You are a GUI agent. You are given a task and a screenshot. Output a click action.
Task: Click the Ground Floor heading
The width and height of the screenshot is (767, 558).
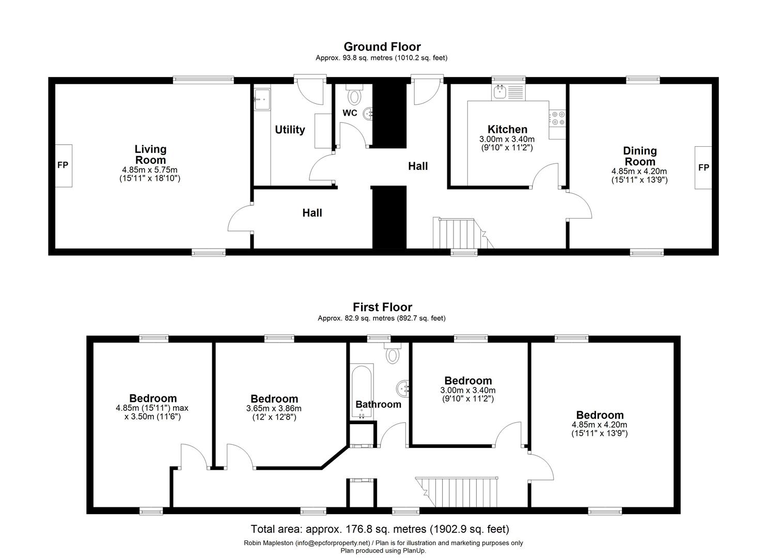pos(382,47)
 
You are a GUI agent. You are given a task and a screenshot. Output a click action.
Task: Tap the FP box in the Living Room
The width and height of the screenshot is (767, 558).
pos(62,166)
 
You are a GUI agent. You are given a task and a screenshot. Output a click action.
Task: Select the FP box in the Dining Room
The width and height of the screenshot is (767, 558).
pos(703,167)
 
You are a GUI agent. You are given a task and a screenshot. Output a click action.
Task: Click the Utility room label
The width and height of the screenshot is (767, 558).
pos(290,130)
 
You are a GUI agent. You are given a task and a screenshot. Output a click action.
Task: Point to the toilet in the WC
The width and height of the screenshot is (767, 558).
pos(354,96)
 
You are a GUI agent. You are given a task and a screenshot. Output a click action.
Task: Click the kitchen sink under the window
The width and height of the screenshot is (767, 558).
pos(500,92)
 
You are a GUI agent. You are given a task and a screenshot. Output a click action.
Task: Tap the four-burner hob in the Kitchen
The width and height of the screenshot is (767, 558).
pos(558,117)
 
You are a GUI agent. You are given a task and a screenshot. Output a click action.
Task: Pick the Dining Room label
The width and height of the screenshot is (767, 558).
pos(639,156)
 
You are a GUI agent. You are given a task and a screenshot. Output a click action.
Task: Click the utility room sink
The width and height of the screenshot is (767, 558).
pos(262,98)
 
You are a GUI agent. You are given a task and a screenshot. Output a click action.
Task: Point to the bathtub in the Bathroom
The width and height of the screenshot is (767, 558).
pos(362,393)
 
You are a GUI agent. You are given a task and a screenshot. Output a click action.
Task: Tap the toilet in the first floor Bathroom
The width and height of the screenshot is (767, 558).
pos(393,354)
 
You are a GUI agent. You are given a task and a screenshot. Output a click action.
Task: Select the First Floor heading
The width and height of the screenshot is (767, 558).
pos(382,307)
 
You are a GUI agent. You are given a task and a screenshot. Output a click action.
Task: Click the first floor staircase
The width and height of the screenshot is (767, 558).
pos(460,491)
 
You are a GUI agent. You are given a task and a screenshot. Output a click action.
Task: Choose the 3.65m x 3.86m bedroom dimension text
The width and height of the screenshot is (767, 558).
pos(274,408)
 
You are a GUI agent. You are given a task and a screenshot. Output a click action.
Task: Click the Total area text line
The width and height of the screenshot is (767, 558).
pos(380,529)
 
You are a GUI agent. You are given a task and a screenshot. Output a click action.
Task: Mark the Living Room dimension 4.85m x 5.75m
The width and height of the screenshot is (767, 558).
pos(150,169)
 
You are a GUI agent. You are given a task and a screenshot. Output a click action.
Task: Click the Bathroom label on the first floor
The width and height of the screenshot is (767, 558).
pos(378,405)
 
